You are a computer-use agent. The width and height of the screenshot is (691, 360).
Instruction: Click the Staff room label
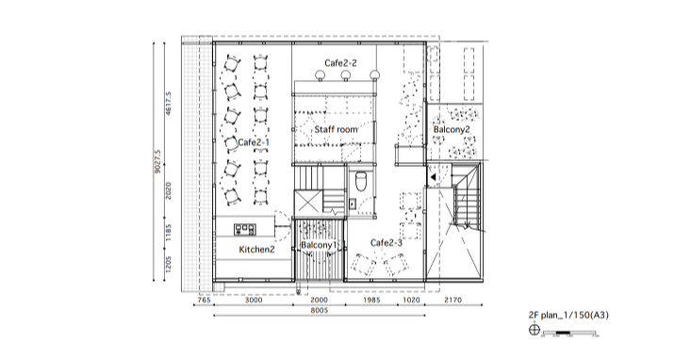point(336,129)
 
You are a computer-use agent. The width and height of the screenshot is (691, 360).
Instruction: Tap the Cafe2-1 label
point(254,142)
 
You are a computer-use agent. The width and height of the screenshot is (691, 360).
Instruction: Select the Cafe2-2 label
point(340,63)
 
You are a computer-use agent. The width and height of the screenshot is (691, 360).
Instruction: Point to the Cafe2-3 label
point(387,243)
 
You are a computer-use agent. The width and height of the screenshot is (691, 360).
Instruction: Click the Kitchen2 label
point(257,250)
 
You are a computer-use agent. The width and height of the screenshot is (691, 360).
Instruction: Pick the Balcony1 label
point(319,244)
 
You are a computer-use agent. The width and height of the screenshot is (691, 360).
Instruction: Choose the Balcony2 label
point(452,129)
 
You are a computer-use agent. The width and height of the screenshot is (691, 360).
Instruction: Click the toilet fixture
point(360,182)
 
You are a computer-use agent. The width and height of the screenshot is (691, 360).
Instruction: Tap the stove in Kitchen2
point(244,229)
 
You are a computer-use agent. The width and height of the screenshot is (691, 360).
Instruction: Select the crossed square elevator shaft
point(308,204)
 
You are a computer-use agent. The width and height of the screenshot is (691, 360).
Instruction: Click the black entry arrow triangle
point(433,177)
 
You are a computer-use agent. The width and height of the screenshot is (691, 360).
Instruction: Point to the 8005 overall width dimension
point(320,310)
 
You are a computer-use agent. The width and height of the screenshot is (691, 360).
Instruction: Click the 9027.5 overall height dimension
point(157,162)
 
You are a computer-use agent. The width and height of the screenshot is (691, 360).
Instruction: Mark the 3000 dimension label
point(254,300)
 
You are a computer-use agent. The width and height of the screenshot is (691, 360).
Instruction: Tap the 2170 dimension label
point(453,300)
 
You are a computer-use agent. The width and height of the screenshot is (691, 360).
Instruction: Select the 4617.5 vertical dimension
point(169,104)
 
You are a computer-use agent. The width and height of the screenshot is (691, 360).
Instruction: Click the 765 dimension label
point(204,300)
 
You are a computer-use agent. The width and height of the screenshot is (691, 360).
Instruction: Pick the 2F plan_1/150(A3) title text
point(568,315)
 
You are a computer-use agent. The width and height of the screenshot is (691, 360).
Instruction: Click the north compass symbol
point(535,329)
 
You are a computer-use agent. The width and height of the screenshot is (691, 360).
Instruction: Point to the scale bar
point(570,333)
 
